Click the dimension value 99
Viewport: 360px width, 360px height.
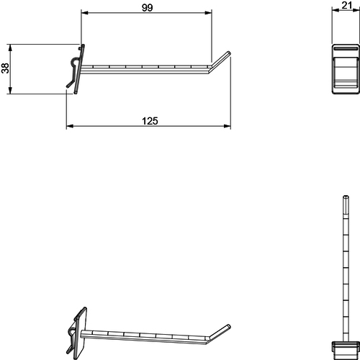tap(147, 8)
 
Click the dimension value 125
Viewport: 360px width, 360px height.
tap(150, 121)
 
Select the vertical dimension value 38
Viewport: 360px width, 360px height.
tap(5, 68)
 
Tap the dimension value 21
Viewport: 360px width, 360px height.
tap(347, 5)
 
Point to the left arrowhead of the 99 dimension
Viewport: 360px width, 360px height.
tap(85, 13)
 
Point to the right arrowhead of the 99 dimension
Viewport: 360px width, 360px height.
tap(208, 13)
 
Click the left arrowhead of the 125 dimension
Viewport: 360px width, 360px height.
tap(70, 126)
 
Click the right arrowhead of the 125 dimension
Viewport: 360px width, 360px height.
tap(227, 126)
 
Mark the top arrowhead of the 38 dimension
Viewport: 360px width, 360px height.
tap(10, 48)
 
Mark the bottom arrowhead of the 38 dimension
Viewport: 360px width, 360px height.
tap(10, 90)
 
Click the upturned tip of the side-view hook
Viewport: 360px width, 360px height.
tap(229, 53)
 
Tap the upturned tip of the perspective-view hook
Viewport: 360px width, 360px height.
tap(229, 326)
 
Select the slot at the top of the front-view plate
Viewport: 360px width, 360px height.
tap(346, 49)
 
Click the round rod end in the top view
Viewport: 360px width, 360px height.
tap(346, 197)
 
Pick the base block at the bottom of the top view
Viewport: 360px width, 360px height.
tap(346, 349)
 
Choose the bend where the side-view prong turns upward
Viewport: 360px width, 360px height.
tap(210, 68)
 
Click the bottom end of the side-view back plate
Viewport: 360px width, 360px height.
tap(76, 92)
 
